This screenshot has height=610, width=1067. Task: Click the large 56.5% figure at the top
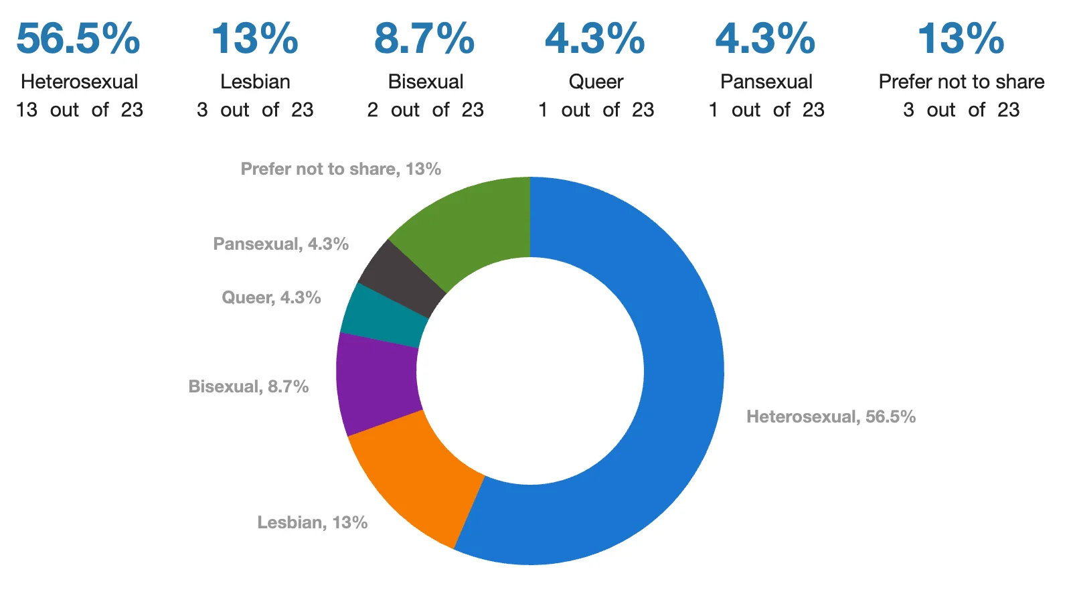tap(78, 39)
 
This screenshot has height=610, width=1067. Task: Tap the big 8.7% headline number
tap(424, 39)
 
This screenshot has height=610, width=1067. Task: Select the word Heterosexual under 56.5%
tap(79, 82)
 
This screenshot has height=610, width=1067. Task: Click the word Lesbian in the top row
tap(255, 82)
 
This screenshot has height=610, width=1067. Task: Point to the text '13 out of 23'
tap(79, 110)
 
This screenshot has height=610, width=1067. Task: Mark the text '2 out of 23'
tap(425, 110)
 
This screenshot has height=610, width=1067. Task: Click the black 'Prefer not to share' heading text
tap(961, 82)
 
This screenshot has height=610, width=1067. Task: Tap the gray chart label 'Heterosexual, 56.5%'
tap(831, 416)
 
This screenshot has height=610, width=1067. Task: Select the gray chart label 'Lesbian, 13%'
tap(312, 522)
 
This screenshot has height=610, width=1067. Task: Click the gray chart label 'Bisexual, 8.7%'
tap(248, 386)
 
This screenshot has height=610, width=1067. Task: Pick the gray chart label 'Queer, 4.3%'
tap(271, 297)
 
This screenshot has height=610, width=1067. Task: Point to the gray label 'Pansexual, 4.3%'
tap(280, 244)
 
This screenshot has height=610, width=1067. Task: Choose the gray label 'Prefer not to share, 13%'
tap(341, 169)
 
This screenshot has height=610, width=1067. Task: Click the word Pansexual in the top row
tap(766, 82)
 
